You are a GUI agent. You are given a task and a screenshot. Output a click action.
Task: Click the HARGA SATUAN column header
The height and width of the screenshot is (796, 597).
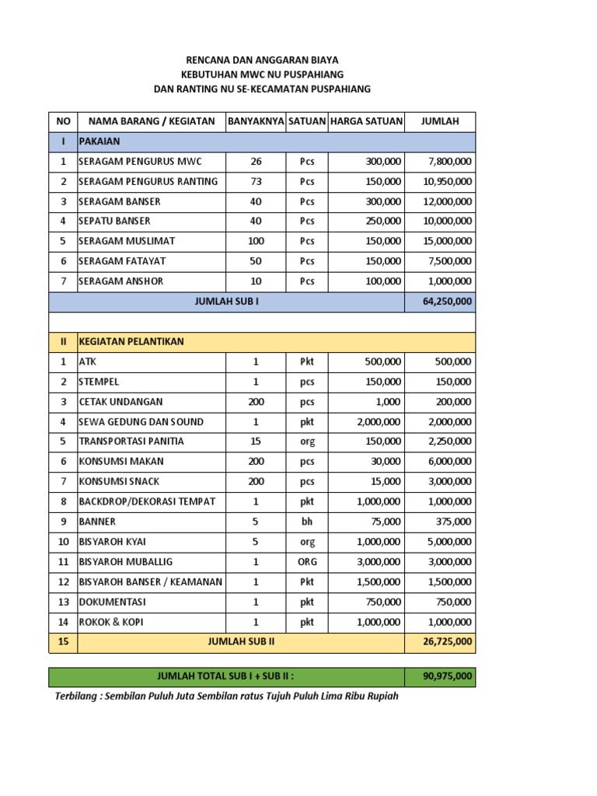point(366,121)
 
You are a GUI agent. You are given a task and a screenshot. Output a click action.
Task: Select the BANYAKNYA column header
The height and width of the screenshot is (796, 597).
point(256,121)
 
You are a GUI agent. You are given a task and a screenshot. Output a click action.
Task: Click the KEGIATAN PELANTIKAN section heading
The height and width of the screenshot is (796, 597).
point(131,341)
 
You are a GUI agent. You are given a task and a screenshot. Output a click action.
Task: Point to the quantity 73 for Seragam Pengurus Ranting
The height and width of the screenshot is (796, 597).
point(256,181)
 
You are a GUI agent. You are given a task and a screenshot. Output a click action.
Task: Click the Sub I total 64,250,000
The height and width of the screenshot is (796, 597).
point(447,301)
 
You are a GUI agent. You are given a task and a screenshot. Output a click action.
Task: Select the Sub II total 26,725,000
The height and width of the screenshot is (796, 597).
point(447,642)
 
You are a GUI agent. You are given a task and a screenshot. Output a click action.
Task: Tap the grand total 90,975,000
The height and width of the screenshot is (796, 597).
point(447,677)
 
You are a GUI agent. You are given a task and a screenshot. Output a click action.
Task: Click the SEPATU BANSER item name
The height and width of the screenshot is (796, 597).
point(115,221)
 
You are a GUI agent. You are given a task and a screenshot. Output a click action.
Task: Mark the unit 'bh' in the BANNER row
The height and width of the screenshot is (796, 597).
point(307,522)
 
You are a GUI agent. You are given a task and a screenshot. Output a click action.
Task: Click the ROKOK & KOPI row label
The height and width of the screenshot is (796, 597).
point(110,622)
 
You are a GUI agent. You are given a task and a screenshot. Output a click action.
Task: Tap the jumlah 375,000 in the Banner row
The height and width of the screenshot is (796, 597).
point(453,522)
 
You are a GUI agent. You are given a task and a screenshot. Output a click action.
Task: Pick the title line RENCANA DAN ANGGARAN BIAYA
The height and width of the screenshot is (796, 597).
point(261,60)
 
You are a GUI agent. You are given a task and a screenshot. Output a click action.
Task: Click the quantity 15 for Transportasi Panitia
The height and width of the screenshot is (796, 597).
point(256,442)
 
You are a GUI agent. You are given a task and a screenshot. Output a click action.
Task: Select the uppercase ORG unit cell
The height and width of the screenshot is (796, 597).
point(307,561)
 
